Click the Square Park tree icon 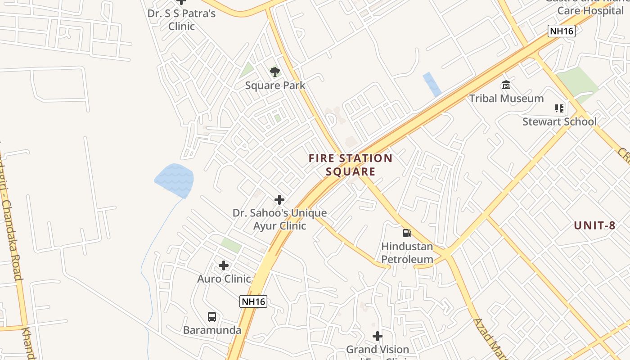point(274,72)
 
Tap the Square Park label point(275,85)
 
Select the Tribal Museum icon point(506,85)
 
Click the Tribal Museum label point(506,99)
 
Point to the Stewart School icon point(559,108)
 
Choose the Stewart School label point(559,121)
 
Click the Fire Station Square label point(351,165)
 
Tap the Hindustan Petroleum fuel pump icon point(407,233)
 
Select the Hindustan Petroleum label point(407,253)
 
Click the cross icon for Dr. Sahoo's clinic point(279,200)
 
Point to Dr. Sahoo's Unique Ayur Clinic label point(279,219)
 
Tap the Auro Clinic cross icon point(224,265)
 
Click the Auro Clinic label point(224,279)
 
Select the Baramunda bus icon point(212,317)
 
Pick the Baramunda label point(212,330)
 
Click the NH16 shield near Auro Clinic point(253,301)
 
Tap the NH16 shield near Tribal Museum point(561,31)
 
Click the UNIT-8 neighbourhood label point(594,226)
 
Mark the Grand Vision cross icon point(378,336)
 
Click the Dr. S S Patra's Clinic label point(181,20)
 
